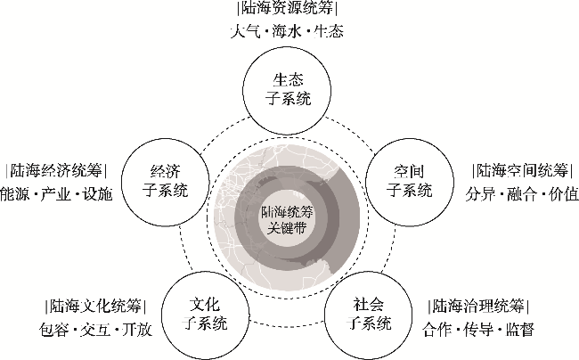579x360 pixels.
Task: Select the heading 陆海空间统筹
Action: point(522,170)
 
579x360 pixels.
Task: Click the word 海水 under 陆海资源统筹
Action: point(286,32)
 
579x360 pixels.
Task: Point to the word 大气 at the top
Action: point(244,32)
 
